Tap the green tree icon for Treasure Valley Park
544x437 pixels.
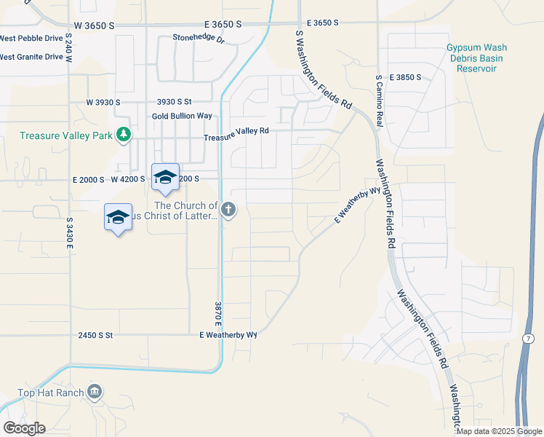point(124,134)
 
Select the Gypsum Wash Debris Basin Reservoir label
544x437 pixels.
point(476,58)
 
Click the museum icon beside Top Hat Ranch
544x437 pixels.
point(94,393)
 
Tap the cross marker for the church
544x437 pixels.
point(228,210)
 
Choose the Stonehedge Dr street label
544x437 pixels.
point(199,38)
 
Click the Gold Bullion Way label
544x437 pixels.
point(182,116)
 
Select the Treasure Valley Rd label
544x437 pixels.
point(236,133)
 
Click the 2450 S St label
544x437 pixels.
point(96,335)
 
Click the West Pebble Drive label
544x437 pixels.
point(31,38)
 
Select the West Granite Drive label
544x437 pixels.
point(31,56)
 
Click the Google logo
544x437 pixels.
point(24,428)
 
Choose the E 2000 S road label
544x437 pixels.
point(87,178)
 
